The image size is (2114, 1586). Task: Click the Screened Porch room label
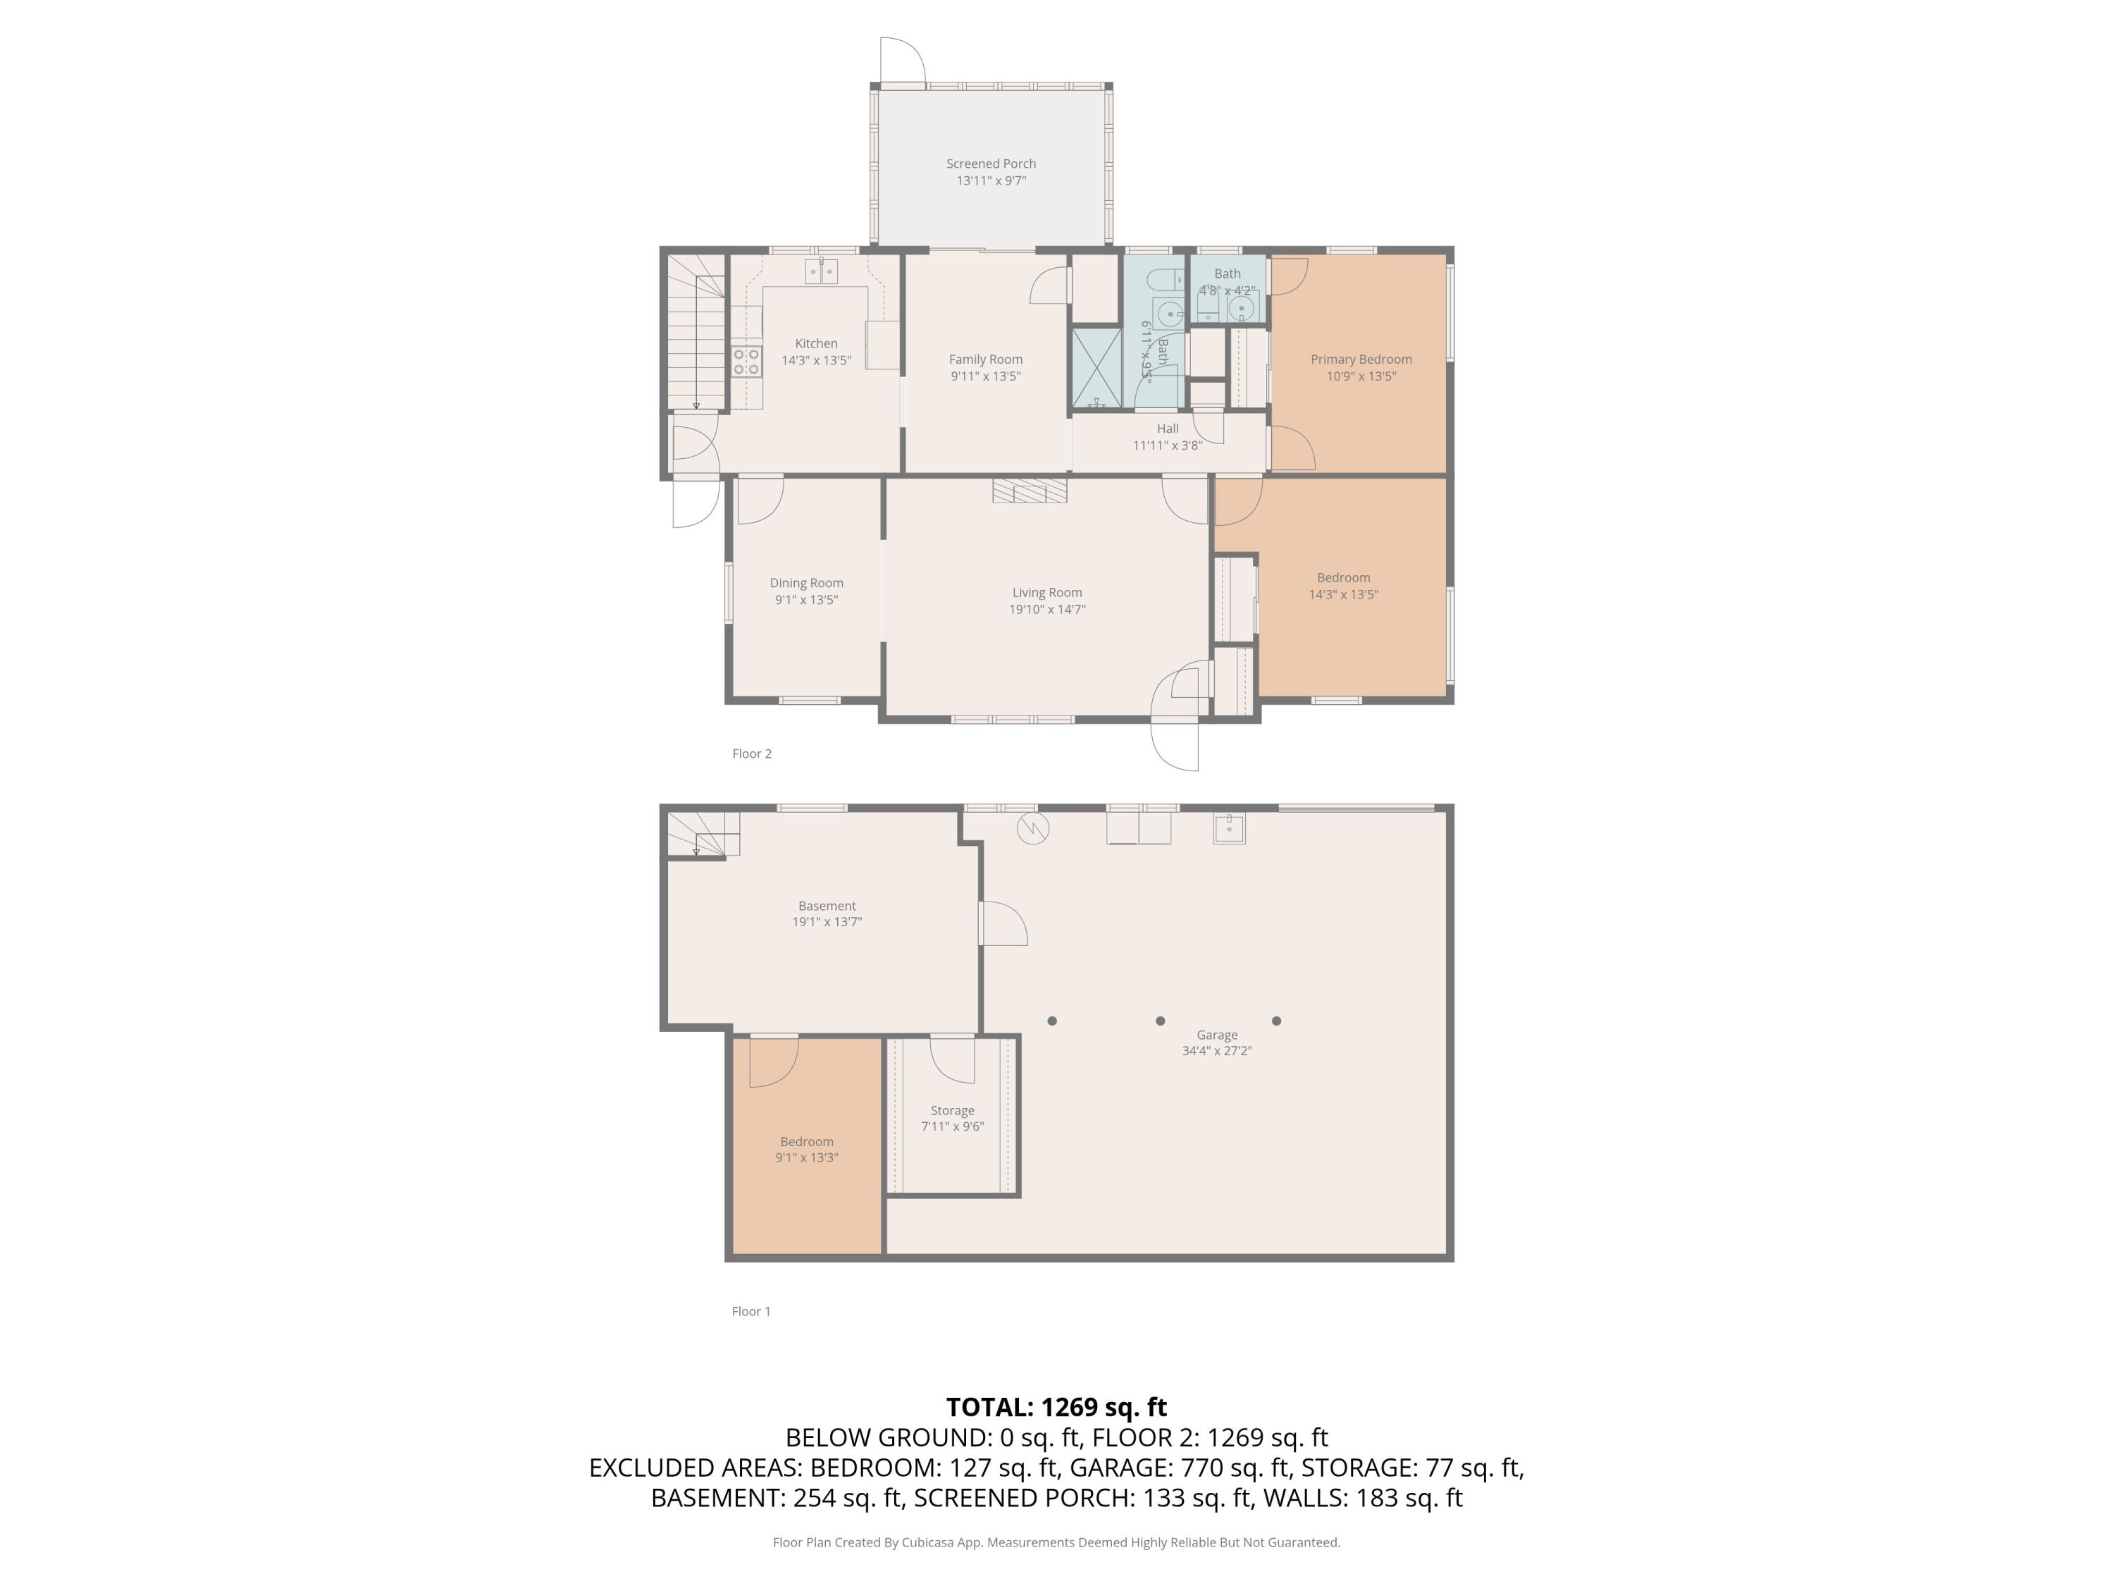coord(991,164)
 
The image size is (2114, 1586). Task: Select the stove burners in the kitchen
coord(746,362)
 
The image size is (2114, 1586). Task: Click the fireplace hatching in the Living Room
coord(1030,491)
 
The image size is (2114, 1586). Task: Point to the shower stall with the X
coord(1096,367)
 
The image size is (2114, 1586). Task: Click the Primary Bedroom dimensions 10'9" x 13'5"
coord(1361,376)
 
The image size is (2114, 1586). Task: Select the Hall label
coord(1167,429)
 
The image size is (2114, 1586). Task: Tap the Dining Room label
coord(807,582)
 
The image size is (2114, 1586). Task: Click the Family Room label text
coord(985,359)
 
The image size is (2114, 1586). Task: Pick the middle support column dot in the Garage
coord(1160,1021)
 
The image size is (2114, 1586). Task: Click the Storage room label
coord(952,1110)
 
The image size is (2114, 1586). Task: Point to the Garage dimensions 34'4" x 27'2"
coord(1216,1051)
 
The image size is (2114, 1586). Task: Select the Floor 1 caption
coord(751,1310)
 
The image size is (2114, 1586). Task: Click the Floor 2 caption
coord(752,754)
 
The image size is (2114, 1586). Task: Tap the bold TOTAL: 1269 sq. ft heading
coord(1056,1406)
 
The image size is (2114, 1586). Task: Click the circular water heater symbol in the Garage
coord(1033,828)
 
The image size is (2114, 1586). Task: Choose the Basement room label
coord(827,905)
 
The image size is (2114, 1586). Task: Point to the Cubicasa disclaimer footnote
coord(1056,1542)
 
